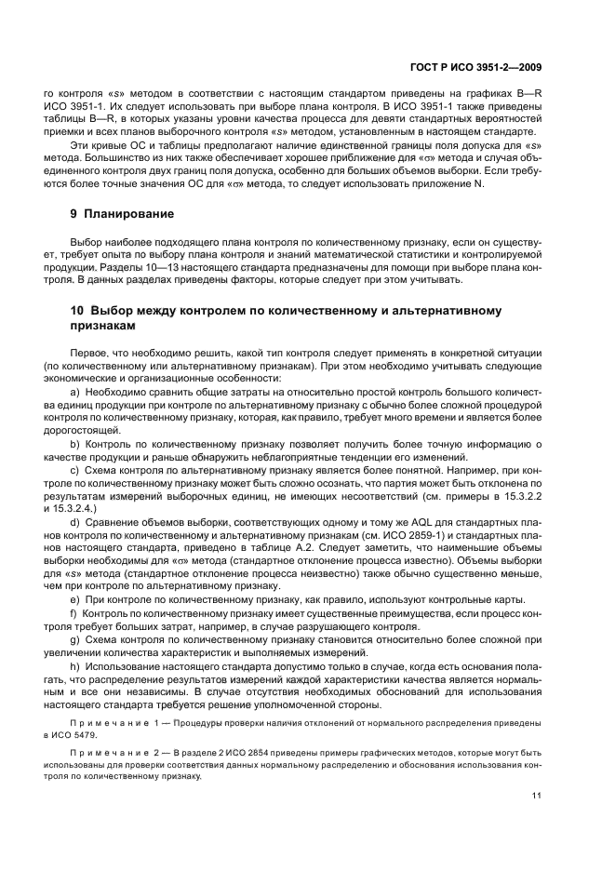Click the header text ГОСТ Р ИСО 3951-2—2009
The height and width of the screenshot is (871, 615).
477,66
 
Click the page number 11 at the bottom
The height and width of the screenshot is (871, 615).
537,795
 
